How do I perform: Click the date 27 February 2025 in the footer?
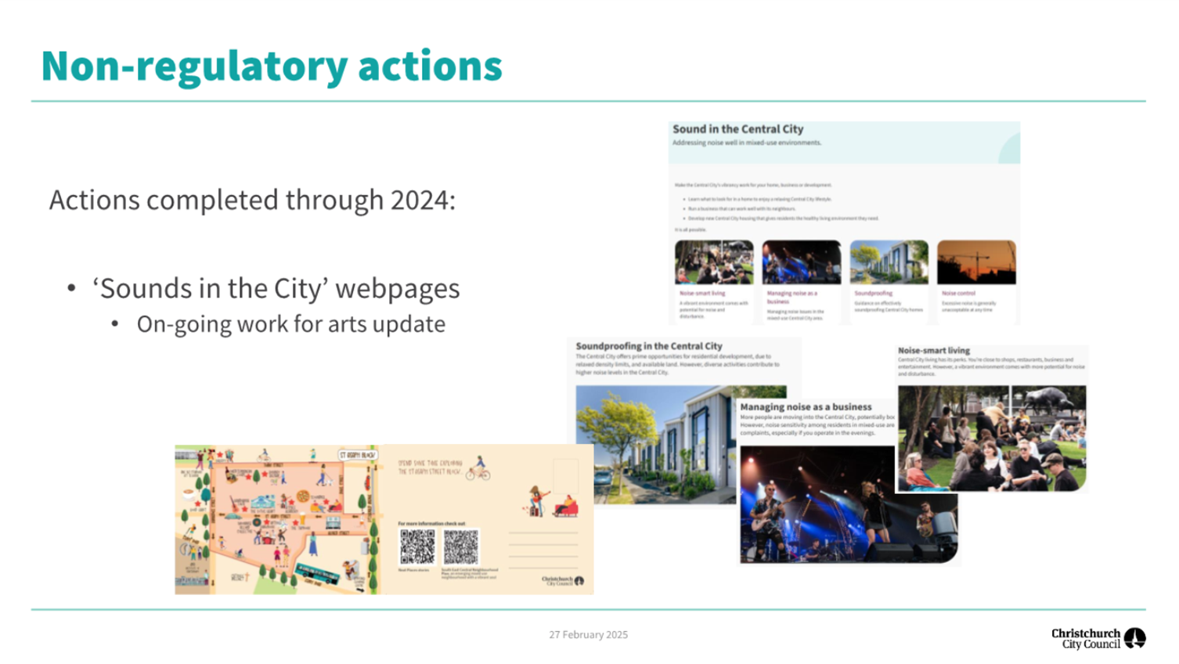click(x=588, y=635)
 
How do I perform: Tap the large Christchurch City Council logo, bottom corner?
click(x=1098, y=638)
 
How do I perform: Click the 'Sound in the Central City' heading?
click(x=737, y=129)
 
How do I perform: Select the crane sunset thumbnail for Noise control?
click(x=975, y=262)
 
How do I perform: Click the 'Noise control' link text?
click(x=958, y=294)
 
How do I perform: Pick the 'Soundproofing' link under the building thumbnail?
click(x=873, y=294)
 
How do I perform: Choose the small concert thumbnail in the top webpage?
click(x=801, y=262)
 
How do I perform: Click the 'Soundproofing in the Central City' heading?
click(x=648, y=346)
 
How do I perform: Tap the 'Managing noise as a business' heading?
click(x=806, y=407)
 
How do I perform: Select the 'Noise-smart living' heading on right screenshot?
click(x=933, y=351)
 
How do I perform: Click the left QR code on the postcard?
click(x=417, y=547)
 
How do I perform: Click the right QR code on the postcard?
click(x=460, y=547)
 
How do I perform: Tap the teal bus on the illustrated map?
click(x=316, y=574)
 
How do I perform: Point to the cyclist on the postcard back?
click(x=478, y=469)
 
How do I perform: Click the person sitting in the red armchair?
click(x=566, y=507)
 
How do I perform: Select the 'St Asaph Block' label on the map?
click(x=356, y=455)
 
